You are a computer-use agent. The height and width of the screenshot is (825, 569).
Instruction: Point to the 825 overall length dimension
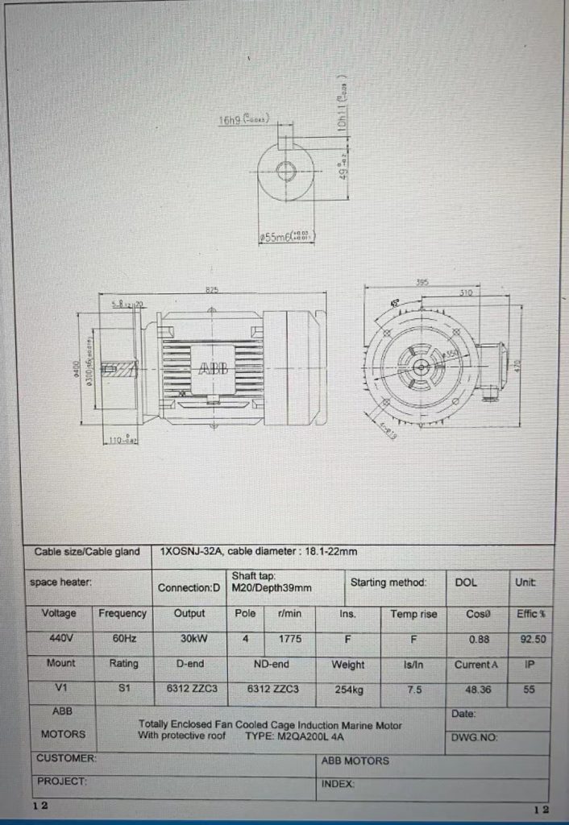click(212, 289)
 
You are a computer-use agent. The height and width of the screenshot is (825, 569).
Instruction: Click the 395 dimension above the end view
click(421, 283)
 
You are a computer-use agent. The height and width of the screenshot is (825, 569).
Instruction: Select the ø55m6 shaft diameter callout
click(287, 236)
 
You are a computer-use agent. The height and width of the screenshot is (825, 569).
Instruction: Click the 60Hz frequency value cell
click(123, 639)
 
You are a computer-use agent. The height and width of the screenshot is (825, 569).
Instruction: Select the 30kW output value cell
click(190, 639)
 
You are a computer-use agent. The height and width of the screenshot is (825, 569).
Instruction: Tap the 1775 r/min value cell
click(289, 639)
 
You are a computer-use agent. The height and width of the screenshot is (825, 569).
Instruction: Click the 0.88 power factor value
click(479, 640)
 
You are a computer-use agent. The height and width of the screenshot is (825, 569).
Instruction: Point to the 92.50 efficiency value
click(532, 640)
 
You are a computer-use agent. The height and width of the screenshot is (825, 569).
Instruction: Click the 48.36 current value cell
click(476, 690)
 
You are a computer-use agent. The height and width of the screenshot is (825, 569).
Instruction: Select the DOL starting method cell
click(466, 582)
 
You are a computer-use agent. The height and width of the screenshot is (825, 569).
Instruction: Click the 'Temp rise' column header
click(413, 614)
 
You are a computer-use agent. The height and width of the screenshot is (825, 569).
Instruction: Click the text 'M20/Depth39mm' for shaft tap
click(271, 588)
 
